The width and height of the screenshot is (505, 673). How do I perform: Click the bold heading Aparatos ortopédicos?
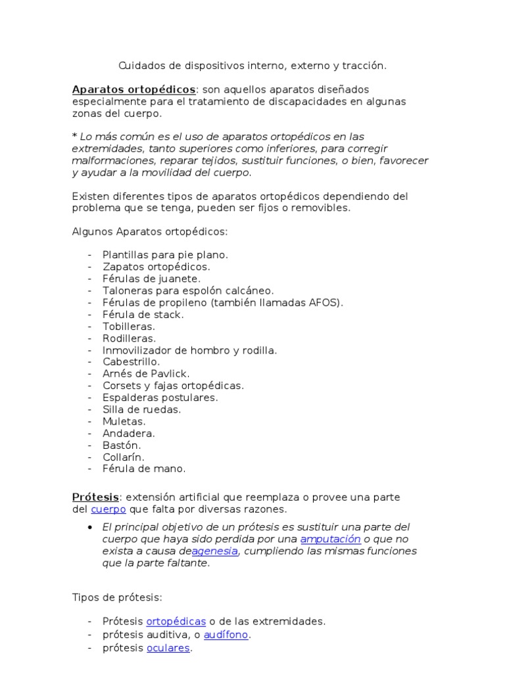tap(133, 89)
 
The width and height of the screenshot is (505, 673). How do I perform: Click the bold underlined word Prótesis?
tap(95, 497)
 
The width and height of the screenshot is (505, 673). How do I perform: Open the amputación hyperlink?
tap(330, 540)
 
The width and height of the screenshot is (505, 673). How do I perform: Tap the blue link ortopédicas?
tap(176, 621)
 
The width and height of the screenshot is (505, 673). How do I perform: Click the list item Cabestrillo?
tap(132, 361)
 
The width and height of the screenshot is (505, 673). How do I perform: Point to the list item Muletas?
tap(124, 421)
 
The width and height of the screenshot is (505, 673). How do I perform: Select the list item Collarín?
tap(123, 457)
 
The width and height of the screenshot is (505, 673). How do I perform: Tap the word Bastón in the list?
tap(122, 445)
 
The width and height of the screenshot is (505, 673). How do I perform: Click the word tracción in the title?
tap(366, 66)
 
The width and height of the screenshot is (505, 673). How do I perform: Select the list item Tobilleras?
tap(129, 326)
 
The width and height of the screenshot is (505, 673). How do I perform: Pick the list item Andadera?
tap(129, 433)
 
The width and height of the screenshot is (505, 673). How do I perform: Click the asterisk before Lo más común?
tap(74, 137)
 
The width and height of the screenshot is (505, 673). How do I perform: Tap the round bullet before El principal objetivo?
tap(89, 528)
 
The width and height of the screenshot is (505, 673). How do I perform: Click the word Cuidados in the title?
tap(139, 66)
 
